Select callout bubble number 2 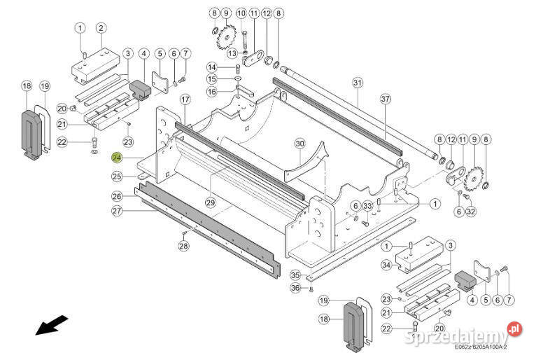coord(101,28)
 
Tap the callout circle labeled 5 coord(160,53)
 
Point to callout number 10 coord(241,13)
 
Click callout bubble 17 coord(185,99)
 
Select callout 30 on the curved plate coord(299,144)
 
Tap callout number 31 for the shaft coord(358,83)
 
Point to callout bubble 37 coord(386,99)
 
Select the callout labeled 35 coord(295,275)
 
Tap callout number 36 coord(295,287)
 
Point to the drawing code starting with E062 coord(480,347)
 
